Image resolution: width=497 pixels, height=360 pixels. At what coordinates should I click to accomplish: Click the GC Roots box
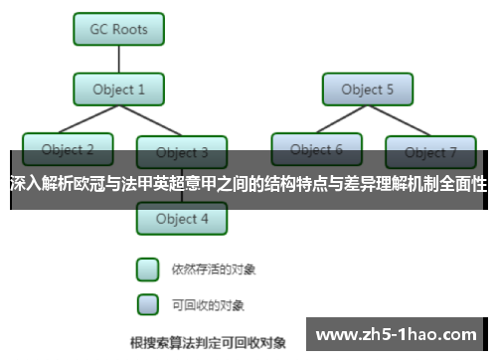coord(118,30)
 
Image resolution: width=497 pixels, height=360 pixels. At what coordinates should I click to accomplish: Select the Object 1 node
coord(118,90)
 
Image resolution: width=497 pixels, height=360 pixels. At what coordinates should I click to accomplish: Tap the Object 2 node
coord(68,149)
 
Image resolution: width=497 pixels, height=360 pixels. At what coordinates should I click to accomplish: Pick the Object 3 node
coord(182,152)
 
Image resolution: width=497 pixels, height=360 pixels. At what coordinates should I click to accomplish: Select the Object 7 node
coord(430,152)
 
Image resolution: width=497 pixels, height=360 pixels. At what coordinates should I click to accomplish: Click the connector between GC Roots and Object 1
coord(118,60)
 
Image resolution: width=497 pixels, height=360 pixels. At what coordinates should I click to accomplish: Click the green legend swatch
coord(147,269)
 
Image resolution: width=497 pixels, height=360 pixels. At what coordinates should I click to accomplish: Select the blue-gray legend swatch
coord(147,302)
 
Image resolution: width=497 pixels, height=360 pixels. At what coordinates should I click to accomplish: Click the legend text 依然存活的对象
coord(208,269)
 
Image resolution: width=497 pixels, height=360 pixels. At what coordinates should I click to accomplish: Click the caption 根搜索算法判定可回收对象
coord(208,342)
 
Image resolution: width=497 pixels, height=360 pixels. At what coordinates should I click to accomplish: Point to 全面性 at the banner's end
coord(464,183)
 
